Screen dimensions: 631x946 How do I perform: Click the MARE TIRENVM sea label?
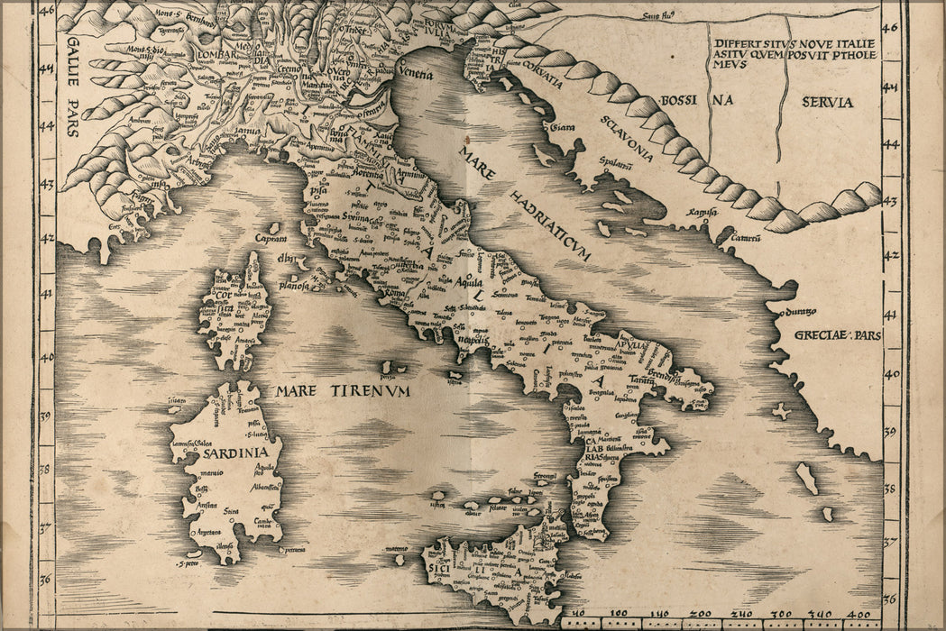(x=330, y=391)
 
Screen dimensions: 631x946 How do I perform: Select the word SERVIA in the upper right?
(x=827, y=102)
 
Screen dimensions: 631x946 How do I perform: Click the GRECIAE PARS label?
(x=835, y=335)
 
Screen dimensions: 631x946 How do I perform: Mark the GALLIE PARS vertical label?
(x=73, y=87)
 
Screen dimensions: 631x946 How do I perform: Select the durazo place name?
(x=799, y=311)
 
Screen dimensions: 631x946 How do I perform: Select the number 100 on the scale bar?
(x=618, y=613)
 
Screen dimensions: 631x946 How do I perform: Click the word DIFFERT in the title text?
(x=739, y=43)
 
